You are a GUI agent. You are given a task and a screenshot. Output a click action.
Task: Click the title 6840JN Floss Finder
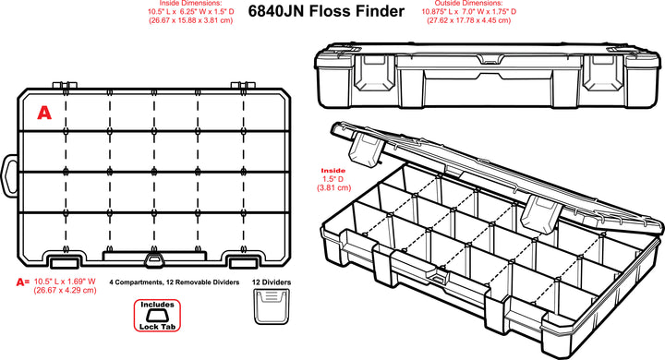326,11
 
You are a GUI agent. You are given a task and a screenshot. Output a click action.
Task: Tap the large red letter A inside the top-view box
44,113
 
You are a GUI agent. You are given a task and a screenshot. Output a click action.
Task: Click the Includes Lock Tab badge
157,316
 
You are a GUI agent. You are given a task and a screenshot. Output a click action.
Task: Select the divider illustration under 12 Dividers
272,306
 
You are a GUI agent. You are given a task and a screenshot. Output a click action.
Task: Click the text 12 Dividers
272,282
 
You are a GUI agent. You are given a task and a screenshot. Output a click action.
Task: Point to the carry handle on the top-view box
10,175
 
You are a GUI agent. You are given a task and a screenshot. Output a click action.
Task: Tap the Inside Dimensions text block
191,12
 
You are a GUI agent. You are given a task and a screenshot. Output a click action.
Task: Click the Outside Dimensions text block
469,12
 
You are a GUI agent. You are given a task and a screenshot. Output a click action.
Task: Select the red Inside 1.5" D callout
333,179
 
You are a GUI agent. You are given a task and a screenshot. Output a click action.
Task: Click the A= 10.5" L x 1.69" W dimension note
56,285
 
